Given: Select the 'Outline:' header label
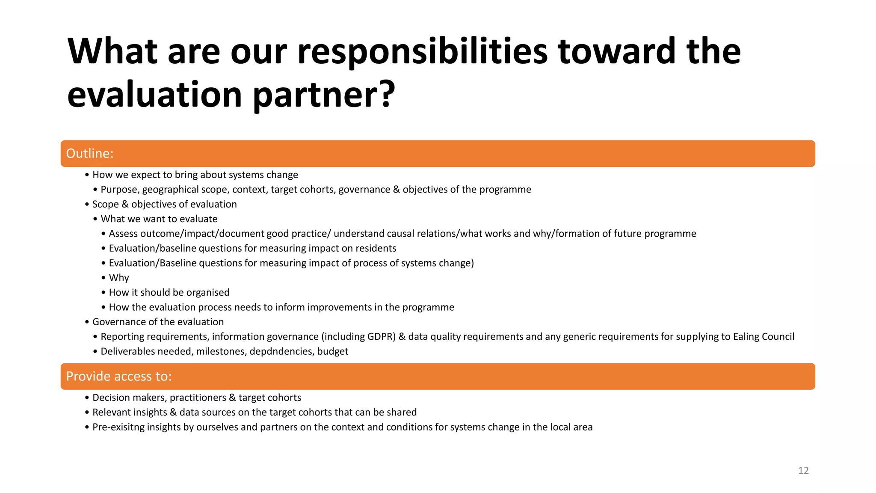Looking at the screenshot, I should pos(90,153).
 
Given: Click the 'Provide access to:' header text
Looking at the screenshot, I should pos(118,376).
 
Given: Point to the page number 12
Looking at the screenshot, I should pos(803,471).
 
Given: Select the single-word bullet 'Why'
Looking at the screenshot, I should pos(119,278).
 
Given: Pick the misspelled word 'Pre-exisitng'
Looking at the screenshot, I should pos(118,427).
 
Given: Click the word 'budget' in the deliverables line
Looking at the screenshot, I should pos(333,351).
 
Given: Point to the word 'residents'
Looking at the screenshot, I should pos(376,248).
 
